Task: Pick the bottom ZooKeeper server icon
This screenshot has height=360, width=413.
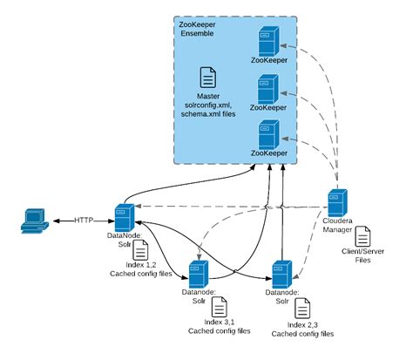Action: tap(267, 133)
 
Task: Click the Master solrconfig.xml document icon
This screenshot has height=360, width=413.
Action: tap(208, 78)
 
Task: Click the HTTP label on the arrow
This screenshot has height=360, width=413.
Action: tap(85, 220)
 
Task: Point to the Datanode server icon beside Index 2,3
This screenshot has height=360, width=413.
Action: tap(281, 272)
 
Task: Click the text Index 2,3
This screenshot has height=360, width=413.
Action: tap(301, 325)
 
